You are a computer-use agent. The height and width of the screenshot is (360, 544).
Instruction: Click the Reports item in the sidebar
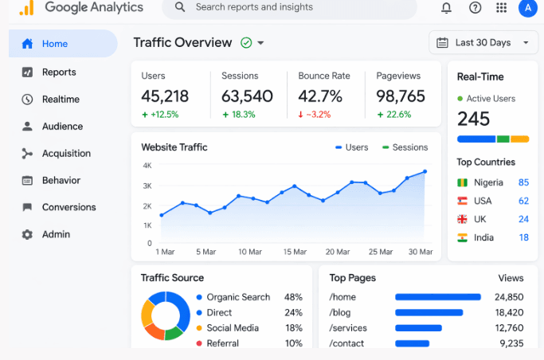pyautogui.click(x=59, y=72)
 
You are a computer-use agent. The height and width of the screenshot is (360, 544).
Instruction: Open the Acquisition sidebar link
pyautogui.click(x=66, y=153)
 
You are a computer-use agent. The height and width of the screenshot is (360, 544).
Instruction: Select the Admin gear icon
pyautogui.click(x=28, y=234)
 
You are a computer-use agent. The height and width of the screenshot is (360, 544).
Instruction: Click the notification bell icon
pyautogui.click(x=446, y=7)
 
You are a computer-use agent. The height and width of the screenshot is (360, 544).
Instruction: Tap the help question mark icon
pyautogui.click(x=475, y=7)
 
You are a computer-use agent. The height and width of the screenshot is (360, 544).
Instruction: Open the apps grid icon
pyautogui.click(x=501, y=7)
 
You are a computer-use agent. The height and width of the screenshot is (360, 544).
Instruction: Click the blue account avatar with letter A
pyautogui.click(x=526, y=7)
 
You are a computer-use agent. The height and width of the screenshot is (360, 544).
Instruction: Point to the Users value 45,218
pyautogui.click(x=165, y=96)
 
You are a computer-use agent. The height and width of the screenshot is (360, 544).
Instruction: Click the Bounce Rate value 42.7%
pyautogui.click(x=320, y=96)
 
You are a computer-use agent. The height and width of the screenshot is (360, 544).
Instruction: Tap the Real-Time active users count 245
pyautogui.click(x=473, y=119)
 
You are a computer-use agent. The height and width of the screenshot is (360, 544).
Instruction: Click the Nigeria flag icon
pyautogui.click(x=463, y=182)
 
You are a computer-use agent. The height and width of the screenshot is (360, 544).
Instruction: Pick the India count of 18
pyautogui.click(x=523, y=237)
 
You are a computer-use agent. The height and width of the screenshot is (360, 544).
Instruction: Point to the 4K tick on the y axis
pyautogui.click(x=147, y=166)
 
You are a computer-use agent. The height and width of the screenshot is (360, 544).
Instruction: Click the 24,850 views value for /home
pyautogui.click(x=509, y=297)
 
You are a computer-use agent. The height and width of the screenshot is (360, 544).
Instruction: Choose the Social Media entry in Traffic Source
pyautogui.click(x=232, y=327)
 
